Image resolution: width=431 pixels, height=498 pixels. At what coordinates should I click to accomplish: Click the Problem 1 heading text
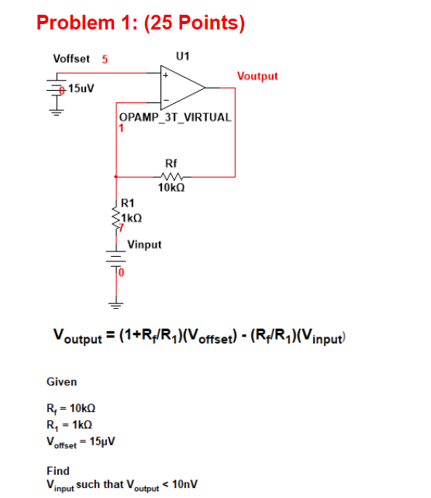(x=140, y=23)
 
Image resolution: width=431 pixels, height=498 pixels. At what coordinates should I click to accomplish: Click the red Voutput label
(x=257, y=76)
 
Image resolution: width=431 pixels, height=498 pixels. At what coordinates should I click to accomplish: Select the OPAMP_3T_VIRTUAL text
(x=174, y=117)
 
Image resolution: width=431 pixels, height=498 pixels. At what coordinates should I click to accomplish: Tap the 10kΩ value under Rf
(x=171, y=188)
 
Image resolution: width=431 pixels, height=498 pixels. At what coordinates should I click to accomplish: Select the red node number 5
(x=105, y=59)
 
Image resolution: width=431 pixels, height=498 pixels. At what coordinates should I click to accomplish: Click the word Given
(x=61, y=382)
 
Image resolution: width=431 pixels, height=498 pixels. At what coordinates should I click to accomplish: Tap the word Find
(x=58, y=471)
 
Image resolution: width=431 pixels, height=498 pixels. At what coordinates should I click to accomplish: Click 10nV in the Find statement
(x=184, y=484)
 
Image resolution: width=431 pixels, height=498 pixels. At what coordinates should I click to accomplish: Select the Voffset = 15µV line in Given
(x=81, y=441)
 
